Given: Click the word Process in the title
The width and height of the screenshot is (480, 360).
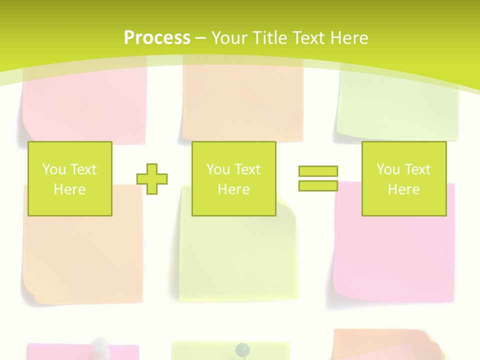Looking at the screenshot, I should coord(157,38).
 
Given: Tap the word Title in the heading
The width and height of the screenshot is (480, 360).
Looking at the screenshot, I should coord(268,38).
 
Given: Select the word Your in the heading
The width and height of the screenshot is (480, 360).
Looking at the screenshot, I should coord(230,38).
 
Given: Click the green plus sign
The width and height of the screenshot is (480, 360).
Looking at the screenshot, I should coord(152,178).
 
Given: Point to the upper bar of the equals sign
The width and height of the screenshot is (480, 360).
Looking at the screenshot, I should coord(318,171).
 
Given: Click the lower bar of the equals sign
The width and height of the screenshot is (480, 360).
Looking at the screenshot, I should coord(318,185).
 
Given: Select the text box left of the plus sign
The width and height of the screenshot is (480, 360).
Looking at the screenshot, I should coord(70,178).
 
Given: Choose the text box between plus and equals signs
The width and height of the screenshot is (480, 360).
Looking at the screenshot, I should coord(233,178).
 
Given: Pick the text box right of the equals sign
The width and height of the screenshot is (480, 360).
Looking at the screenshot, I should coord(404,178).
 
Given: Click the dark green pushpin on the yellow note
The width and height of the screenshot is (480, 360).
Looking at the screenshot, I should coord(242,348).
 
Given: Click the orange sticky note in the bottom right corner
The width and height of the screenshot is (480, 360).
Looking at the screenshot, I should coord(385,345).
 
